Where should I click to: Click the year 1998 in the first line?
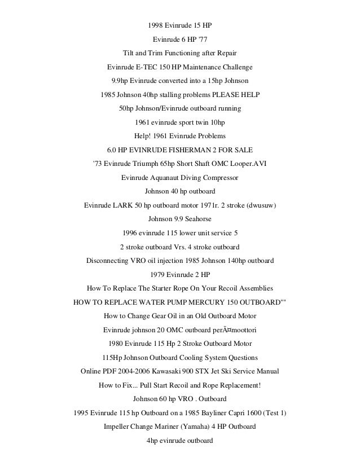[156, 26]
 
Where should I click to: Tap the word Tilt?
[130, 54]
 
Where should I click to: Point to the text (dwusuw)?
[258, 205]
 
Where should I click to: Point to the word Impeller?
[117, 427]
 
